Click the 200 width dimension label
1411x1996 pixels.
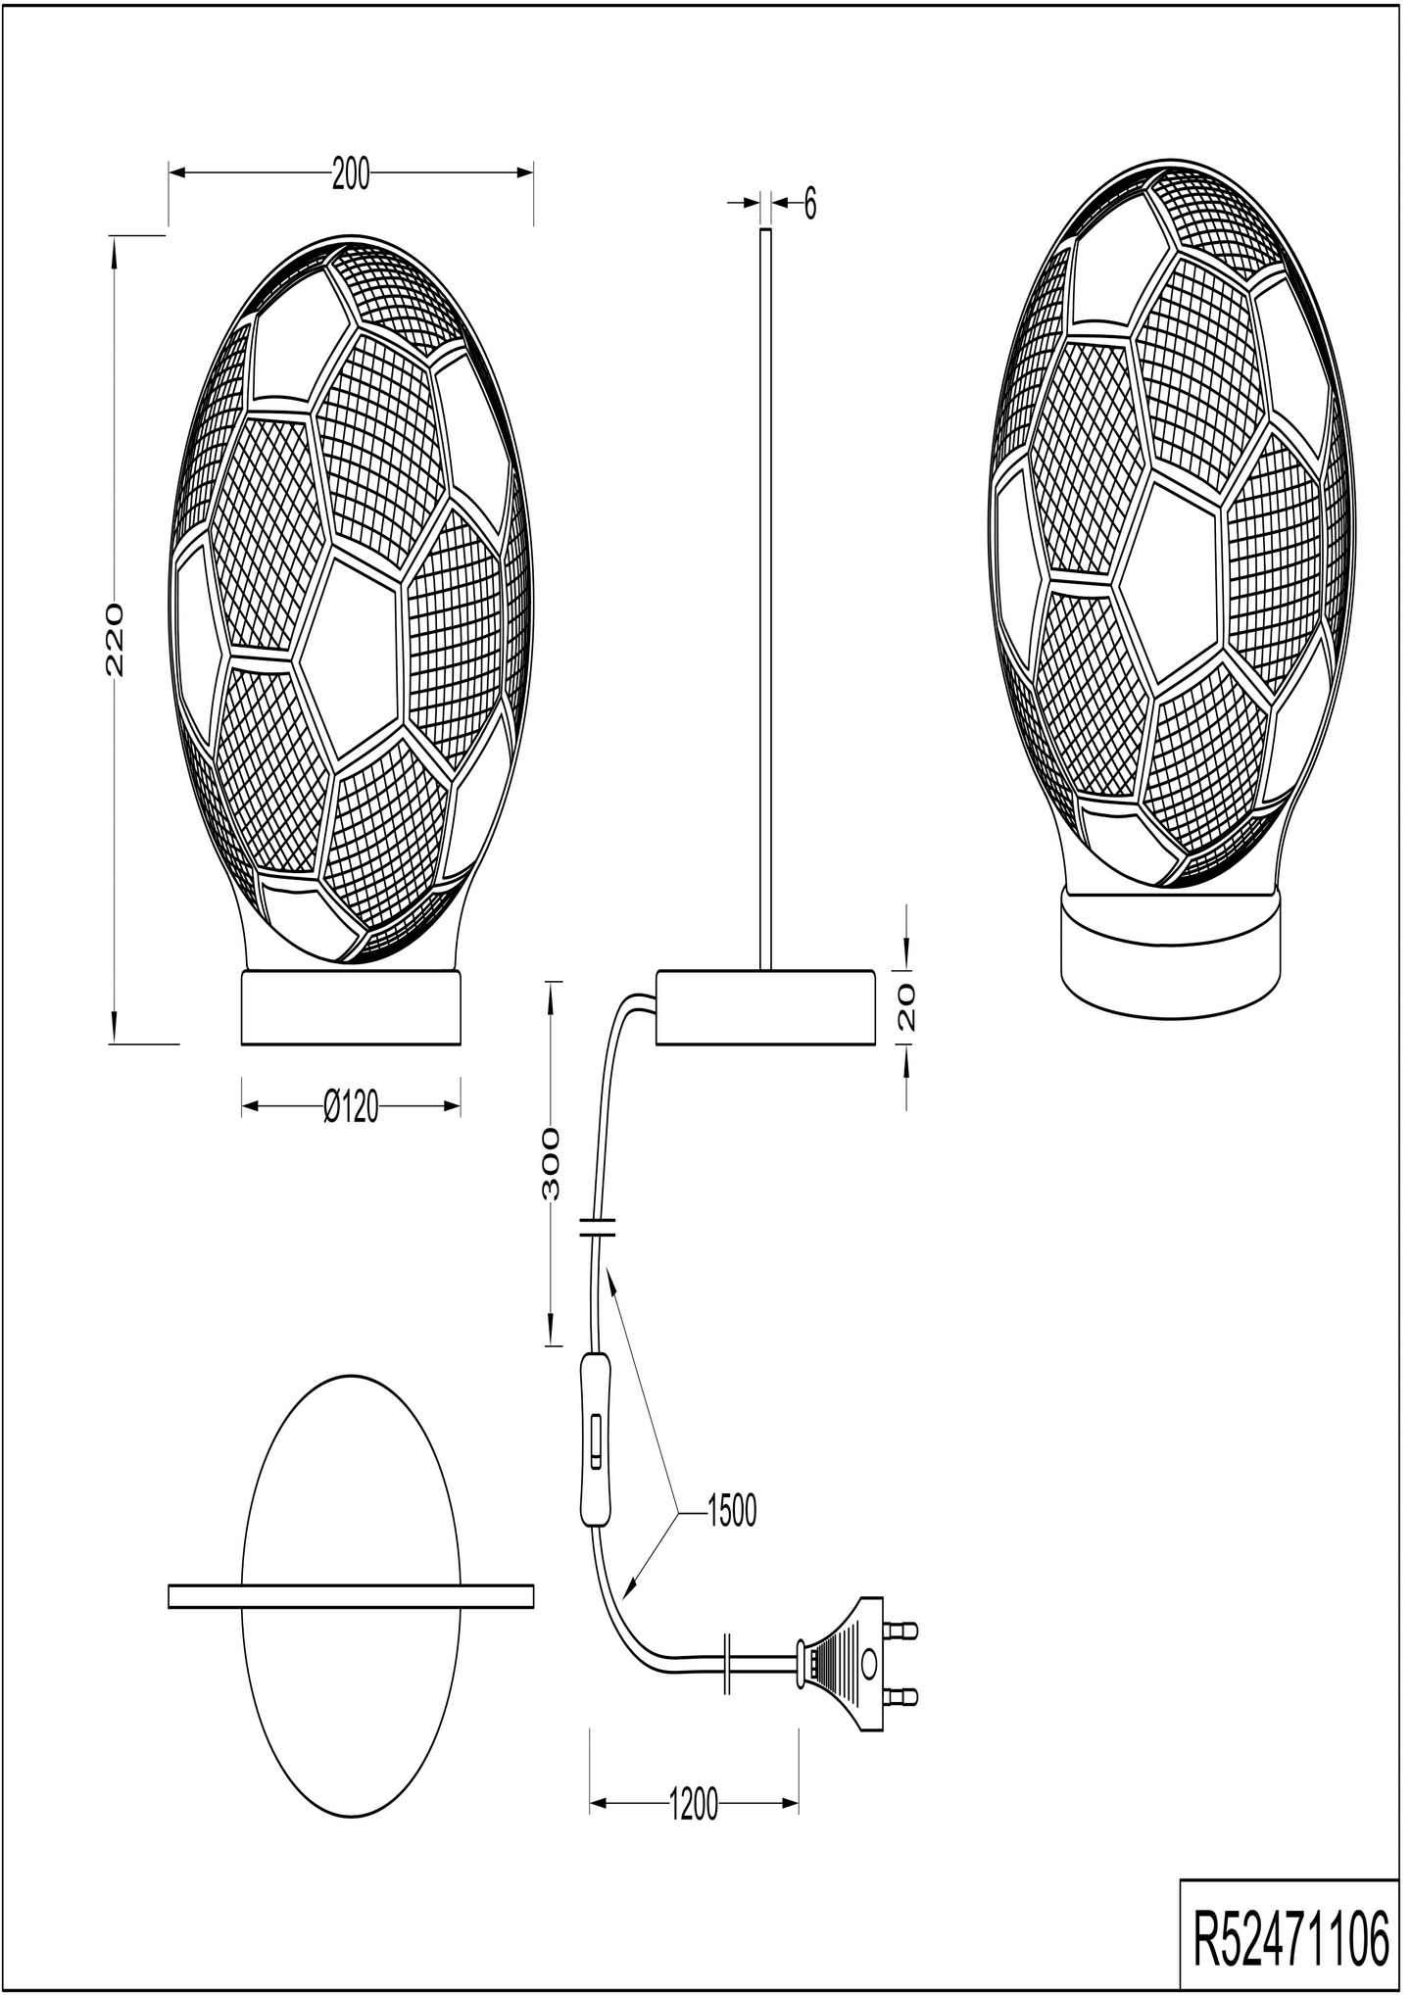pyautogui.click(x=351, y=174)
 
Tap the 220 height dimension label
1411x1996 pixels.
pyautogui.click(x=114, y=639)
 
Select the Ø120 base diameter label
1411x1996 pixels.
pyautogui.click(x=351, y=1107)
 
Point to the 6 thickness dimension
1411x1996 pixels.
pyautogui.click(x=809, y=205)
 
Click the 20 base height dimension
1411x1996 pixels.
pyautogui.click(x=907, y=1007)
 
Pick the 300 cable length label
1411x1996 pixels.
pyautogui.click(x=553, y=1163)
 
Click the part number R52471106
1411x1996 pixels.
pyautogui.click(x=1290, y=1940)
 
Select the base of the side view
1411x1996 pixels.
pyautogui.click(x=765, y=1007)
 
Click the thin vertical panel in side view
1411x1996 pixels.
pyautogui.click(x=765, y=598)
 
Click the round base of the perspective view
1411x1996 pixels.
pyautogui.click(x=1172, y=950)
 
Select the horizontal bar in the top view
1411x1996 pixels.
pyautogui.click(x=351, y=1596)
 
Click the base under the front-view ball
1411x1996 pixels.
pyautogui.click(x=351, y=1007)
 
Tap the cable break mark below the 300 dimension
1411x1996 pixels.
pyautogui.click(x=597, y=1227)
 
